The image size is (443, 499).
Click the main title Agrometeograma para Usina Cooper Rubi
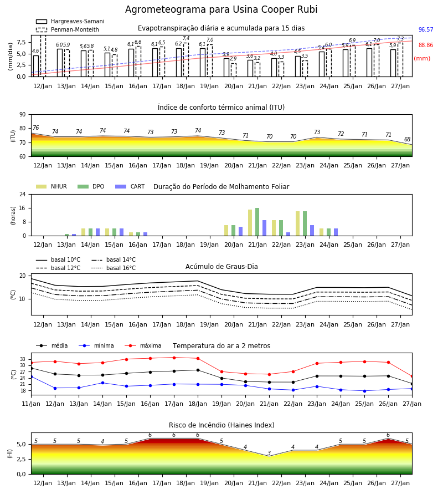[221, 9]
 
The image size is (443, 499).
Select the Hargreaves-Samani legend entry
[70, 21]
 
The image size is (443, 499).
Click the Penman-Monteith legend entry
[68, 29]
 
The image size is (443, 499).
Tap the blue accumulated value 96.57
[426, 29]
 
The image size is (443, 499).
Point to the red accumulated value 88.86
[426, 45]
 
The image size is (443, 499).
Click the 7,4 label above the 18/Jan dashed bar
[186, 38]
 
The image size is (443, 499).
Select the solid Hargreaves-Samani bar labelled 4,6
[36, 66]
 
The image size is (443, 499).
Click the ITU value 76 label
[35, 128]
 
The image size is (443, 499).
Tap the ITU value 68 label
[407, 139]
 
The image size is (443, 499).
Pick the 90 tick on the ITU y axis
[23, 115]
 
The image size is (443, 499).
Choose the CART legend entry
[130, 186]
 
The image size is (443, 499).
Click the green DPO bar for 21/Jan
[257, 222]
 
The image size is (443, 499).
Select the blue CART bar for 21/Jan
[264, 228]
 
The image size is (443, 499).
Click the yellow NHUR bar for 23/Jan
[298, 223]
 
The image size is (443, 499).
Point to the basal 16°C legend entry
[114, 268]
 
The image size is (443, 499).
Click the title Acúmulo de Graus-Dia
[221, 267]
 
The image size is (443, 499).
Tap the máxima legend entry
[143, 345]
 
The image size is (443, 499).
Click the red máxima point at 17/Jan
[174, 358]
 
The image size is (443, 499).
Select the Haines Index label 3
[269, 453]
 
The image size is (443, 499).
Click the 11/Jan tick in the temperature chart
[31, 404]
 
